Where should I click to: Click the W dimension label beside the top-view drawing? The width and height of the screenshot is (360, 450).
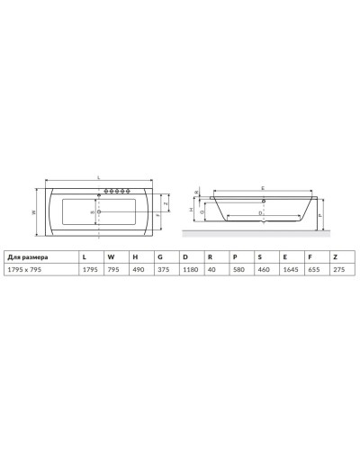pos(33,212)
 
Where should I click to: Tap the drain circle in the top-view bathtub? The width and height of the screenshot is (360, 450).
pos(99,212)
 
